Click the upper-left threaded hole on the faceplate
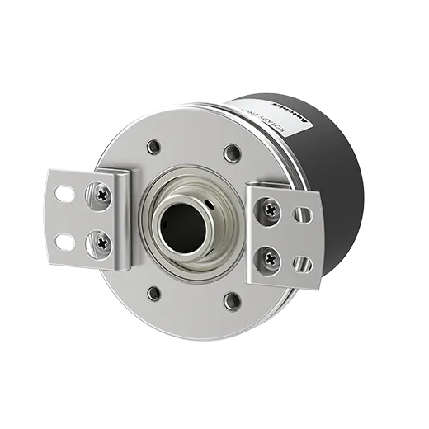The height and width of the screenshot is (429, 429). pyautogui.click(x=153, y=148)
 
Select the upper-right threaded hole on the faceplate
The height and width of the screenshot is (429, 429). pyautogui.click(x=233, y=153)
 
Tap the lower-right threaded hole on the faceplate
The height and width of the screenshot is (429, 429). pyautogui.click(x=233, y=300)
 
